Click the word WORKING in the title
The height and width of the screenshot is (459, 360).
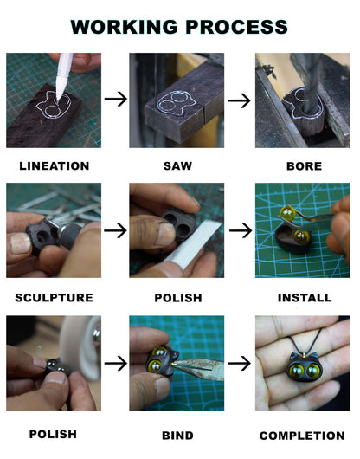click(124, 27)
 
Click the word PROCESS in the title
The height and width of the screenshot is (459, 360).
click(236, 27)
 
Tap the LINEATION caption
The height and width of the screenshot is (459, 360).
click(55, 166)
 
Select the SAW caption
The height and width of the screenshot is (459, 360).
click(177, 166)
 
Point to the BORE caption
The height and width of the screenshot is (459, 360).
click(304, 166)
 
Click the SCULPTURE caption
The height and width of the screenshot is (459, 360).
click(55, 298)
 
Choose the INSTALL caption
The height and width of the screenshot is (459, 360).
click(305, 298)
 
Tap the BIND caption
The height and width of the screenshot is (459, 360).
click(177, 436)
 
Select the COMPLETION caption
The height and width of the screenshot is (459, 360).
click(302, 436)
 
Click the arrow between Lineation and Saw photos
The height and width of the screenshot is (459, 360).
click(116, 99)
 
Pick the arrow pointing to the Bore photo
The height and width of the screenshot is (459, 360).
click(239, 100)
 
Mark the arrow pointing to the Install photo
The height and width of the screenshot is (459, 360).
click(241, 230)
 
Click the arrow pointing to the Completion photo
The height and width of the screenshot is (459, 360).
click(239, 364)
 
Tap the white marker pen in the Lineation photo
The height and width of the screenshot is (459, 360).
click(63, 76)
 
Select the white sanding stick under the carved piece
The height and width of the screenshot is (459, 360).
click(192, 245)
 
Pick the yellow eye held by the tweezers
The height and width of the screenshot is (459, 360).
click(287, 212)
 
